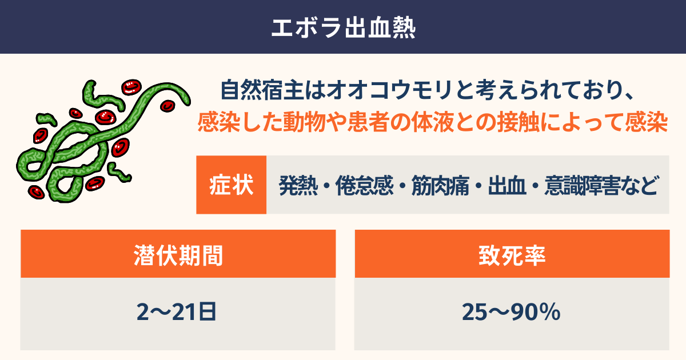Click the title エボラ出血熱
(344, 28)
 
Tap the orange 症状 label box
(231, 185)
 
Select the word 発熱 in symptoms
(298, 186)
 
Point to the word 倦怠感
(364, 186)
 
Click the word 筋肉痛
(440, 186)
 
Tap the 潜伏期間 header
(178, 255)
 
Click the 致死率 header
(512, 255)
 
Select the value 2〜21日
(177, 312)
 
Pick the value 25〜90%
(511, 312)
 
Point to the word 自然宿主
(262, 90)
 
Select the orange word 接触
(519, 122)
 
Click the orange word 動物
(304, 122)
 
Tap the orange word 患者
(368, 122)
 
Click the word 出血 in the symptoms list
(507, 186)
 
